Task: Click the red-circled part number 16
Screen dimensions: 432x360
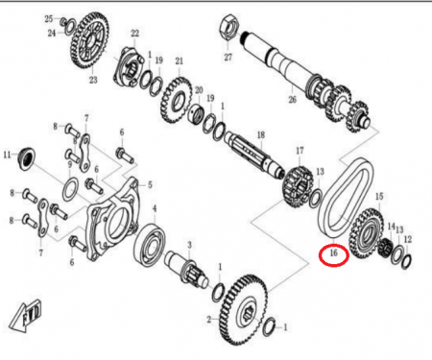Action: (x=333, y=252)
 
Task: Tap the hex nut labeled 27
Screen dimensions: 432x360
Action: (x=229, y=27)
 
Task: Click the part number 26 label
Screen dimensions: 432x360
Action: (x=292, y=100)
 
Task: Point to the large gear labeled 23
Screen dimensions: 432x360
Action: (x=89, y=40)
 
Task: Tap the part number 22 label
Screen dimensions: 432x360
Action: (x=134, y=34)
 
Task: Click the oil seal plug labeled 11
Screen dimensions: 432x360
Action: (x=27, y=157)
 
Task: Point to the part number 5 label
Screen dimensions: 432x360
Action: (x=150, y=184)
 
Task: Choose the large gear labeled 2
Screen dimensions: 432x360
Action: (x=244, y=310)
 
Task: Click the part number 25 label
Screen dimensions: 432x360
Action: (x=48, y=19)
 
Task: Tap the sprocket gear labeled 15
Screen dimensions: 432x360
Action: (x=366, y=233)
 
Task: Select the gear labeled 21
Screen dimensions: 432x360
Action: (x=175, y=100)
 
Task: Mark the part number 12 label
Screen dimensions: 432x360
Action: (x=408, y=239)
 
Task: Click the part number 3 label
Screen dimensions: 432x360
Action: (x=189, y=245)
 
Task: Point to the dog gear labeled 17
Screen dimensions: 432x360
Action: (x=298, y=186)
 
